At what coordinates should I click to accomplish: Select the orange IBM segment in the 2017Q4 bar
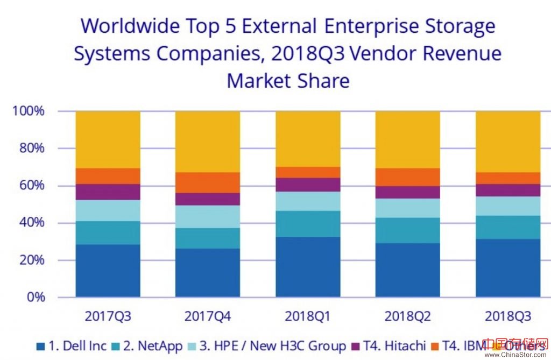click(208, 182)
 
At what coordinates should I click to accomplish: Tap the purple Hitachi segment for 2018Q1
click(308, 185)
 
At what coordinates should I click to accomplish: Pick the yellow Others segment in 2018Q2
click(408, 139)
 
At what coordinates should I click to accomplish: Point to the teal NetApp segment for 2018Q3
click(508, 227)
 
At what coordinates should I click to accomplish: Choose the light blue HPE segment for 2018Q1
click(308, 201)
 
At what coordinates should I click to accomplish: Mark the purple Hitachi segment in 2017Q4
click(208, 199)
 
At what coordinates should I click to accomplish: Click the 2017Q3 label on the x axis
click(108, 316)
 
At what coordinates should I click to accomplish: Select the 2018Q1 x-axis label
click(308, 316)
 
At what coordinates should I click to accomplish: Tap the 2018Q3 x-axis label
click(508, 316)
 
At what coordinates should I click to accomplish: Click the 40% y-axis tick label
click(30, 223)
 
